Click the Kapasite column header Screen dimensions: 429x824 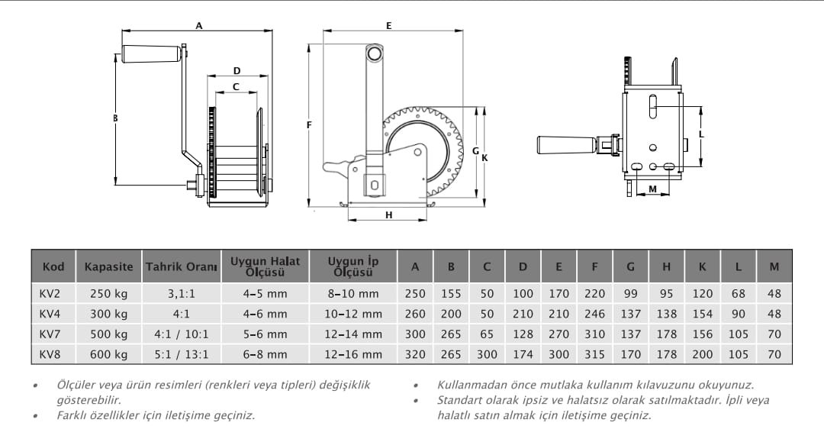pyautogui.click(x=108, y=267)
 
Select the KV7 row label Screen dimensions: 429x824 pyautogui.click(x=50, y=334)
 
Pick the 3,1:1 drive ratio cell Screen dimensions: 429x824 pyautogui.click(x=182, y=293)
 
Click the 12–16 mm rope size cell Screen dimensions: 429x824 pyautogui.click(x=353, y=354)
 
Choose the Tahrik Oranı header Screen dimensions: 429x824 pyautogui.click(x=182, y=267)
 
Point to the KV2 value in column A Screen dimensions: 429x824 pyautogui.click(x=415, y=293)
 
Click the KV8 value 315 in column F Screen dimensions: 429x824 pyautogui.click(x=594, y=354)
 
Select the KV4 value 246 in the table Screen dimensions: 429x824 pyautogui.click(x=594, y=314)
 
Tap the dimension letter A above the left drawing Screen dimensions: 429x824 pyautogui.click(x=199, y=25)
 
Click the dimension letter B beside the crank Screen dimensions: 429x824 pyautogui.click(x=115, y=118)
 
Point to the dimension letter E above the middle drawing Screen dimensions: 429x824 pyautogui.click(x=388, y=25)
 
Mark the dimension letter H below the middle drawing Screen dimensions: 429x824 pyautogui.click(x=388, y=215)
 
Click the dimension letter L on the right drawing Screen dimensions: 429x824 pyautogui.click(x=702, y=134)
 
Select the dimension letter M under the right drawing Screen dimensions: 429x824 pyautogui.click(x=652, y=188)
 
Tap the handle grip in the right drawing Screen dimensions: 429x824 pyautogui.click(x=566, y=144)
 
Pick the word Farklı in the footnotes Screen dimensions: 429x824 pyautogui.click(x=73, y=415)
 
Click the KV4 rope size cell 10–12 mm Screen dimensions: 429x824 pyautogui.click(x=353, y=314)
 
